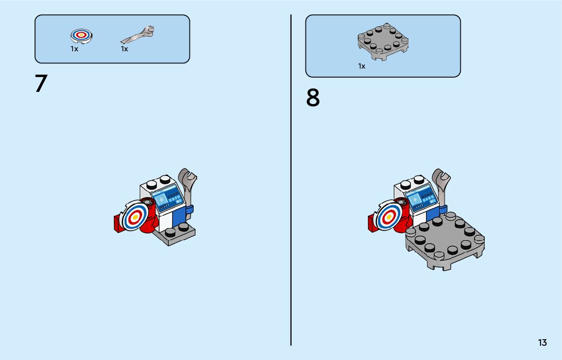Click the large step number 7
(41, 83)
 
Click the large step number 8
(313, 98)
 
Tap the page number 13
(542, 343)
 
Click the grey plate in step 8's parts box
(383, 41)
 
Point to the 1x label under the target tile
(74, 49)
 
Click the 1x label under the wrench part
(124, 49)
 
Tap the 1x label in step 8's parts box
(362, 66)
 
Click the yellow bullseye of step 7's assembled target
(136, 217)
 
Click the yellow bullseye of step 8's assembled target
(388, 217)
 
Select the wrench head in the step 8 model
(441, 177)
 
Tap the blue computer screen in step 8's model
(422, 198)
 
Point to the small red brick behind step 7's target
(118, 224)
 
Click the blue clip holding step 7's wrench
(189, 209)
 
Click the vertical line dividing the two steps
(291, 180)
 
